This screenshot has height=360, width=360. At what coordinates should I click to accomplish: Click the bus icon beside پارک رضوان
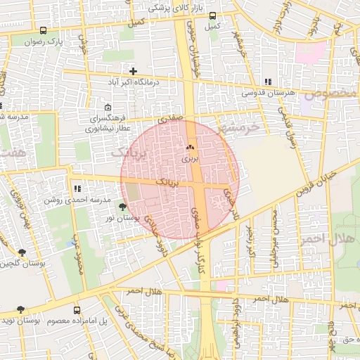coord(44,31)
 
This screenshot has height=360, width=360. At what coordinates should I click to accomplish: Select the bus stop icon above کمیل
coord(212,16)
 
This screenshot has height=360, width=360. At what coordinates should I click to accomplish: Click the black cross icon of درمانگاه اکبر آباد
coord(133,71)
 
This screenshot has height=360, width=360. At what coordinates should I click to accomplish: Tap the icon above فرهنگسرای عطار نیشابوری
coord(107,108)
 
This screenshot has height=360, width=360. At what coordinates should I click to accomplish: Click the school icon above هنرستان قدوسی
coord(267,82)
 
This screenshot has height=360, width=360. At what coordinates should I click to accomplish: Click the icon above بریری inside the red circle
coord(188,148)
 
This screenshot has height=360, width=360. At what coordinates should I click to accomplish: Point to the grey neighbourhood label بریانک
coord(131,153)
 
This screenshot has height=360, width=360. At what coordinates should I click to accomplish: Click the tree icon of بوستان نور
coord(124,207)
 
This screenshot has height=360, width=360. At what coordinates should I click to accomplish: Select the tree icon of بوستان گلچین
coord(22,252)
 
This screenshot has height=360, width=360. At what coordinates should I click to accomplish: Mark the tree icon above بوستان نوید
coord(20,309)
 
